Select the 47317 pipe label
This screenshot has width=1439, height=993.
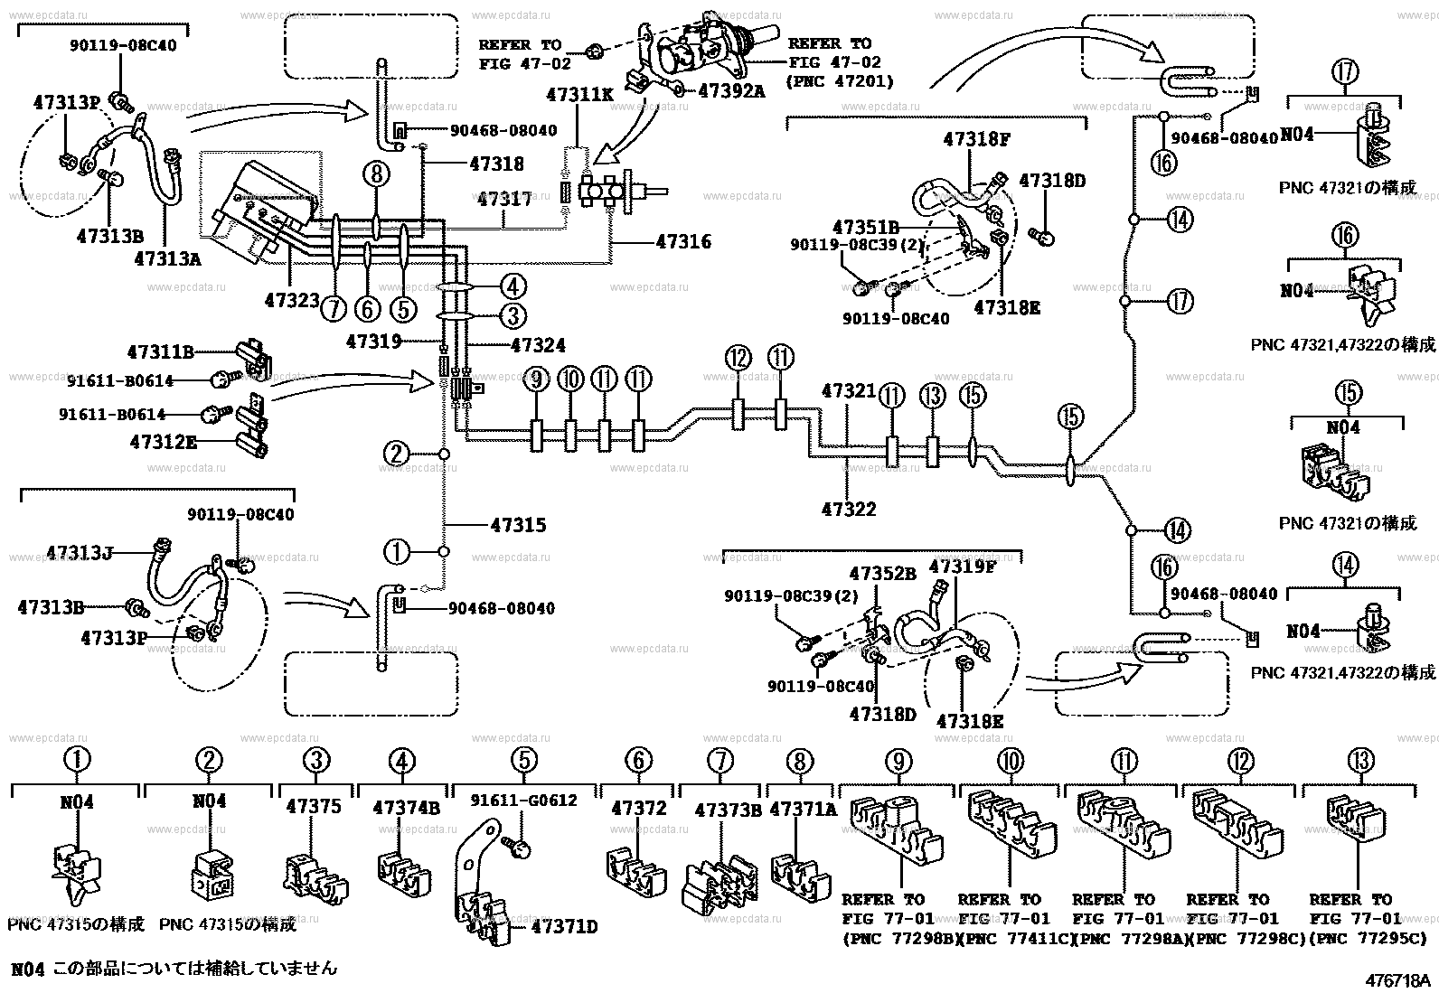tap(503, 198)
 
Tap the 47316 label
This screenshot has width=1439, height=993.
tap(683, 241)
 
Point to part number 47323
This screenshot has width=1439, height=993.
tap(292, 298)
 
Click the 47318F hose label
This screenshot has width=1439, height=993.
tap(975, 139)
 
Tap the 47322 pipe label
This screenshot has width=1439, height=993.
tap(849, 509)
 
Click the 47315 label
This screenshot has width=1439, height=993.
tap(518, 525)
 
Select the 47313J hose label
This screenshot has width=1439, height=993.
tap(80, 552)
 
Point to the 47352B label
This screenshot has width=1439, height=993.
tap(882, 574)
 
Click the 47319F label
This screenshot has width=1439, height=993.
tap(962, 567)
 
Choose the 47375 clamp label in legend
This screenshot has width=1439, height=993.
tap(314, 806)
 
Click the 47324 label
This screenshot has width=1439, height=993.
tap(538, 345)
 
